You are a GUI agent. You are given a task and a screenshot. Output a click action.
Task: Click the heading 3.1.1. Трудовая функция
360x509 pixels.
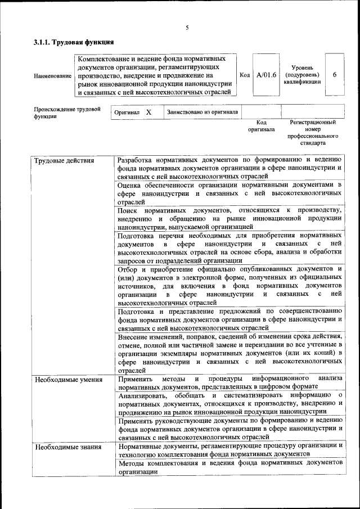(x=74, y=42)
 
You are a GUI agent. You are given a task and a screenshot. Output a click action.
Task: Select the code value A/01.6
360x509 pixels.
(x=266, y=75)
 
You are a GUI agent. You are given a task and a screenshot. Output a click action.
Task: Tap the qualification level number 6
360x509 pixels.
(x=335, y=75)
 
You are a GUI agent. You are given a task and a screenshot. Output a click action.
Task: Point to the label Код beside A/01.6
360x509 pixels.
(x=245, y=75)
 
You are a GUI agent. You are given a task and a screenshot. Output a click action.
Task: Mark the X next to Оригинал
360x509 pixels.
(x=148, y=112)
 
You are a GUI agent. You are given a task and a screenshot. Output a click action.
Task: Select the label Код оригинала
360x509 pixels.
(x=261, y=125)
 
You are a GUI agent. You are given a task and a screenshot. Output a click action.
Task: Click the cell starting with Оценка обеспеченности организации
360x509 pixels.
(x=230, y=193)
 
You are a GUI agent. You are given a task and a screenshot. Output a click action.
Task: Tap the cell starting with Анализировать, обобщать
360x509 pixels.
(x=230, y=403)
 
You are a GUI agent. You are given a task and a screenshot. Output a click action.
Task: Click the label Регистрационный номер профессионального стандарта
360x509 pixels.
(x=313, y=132)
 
